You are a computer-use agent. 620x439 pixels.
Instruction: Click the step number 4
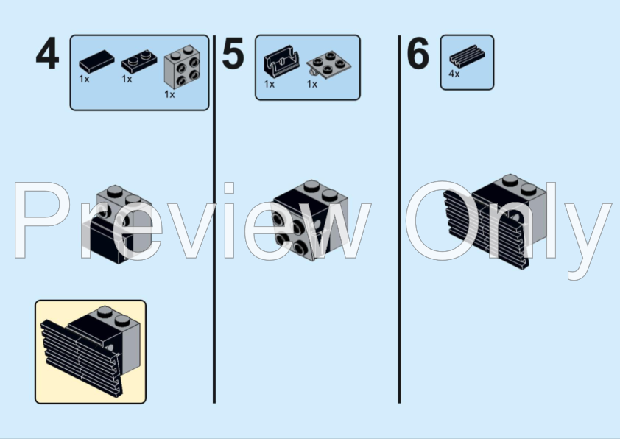click(x=47, y=55)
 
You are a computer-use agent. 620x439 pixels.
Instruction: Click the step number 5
click(x=233, y=55)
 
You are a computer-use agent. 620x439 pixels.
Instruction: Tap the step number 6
click(x=418, y=55)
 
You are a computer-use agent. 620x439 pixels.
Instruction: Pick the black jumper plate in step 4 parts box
click(x=135, y=60)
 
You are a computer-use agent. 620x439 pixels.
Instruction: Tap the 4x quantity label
click(x=454, y=74)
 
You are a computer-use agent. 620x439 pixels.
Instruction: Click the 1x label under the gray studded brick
click(x=169, y=94)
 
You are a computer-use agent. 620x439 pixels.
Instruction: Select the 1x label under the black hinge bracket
click(x=270, y=84)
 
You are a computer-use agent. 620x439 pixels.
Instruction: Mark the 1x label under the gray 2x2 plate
click(x=312, y=84)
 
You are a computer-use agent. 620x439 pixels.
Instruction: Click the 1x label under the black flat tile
click(x=84, y=78)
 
